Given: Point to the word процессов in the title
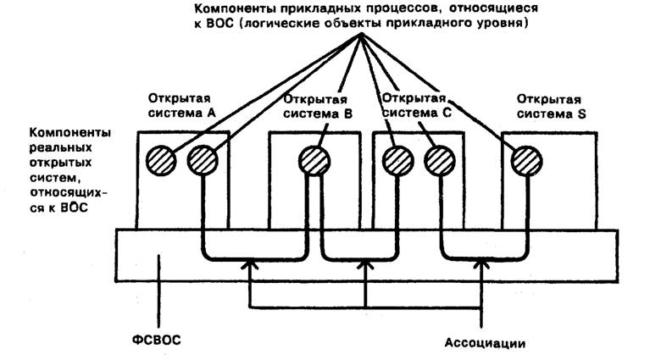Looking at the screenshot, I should pyautogui.click(x=382, y=8).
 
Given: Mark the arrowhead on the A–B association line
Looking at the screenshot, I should pyautogui.click(x=250, y=267).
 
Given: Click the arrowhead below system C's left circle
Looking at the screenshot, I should pyautogui.click(x=365, y=267).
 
